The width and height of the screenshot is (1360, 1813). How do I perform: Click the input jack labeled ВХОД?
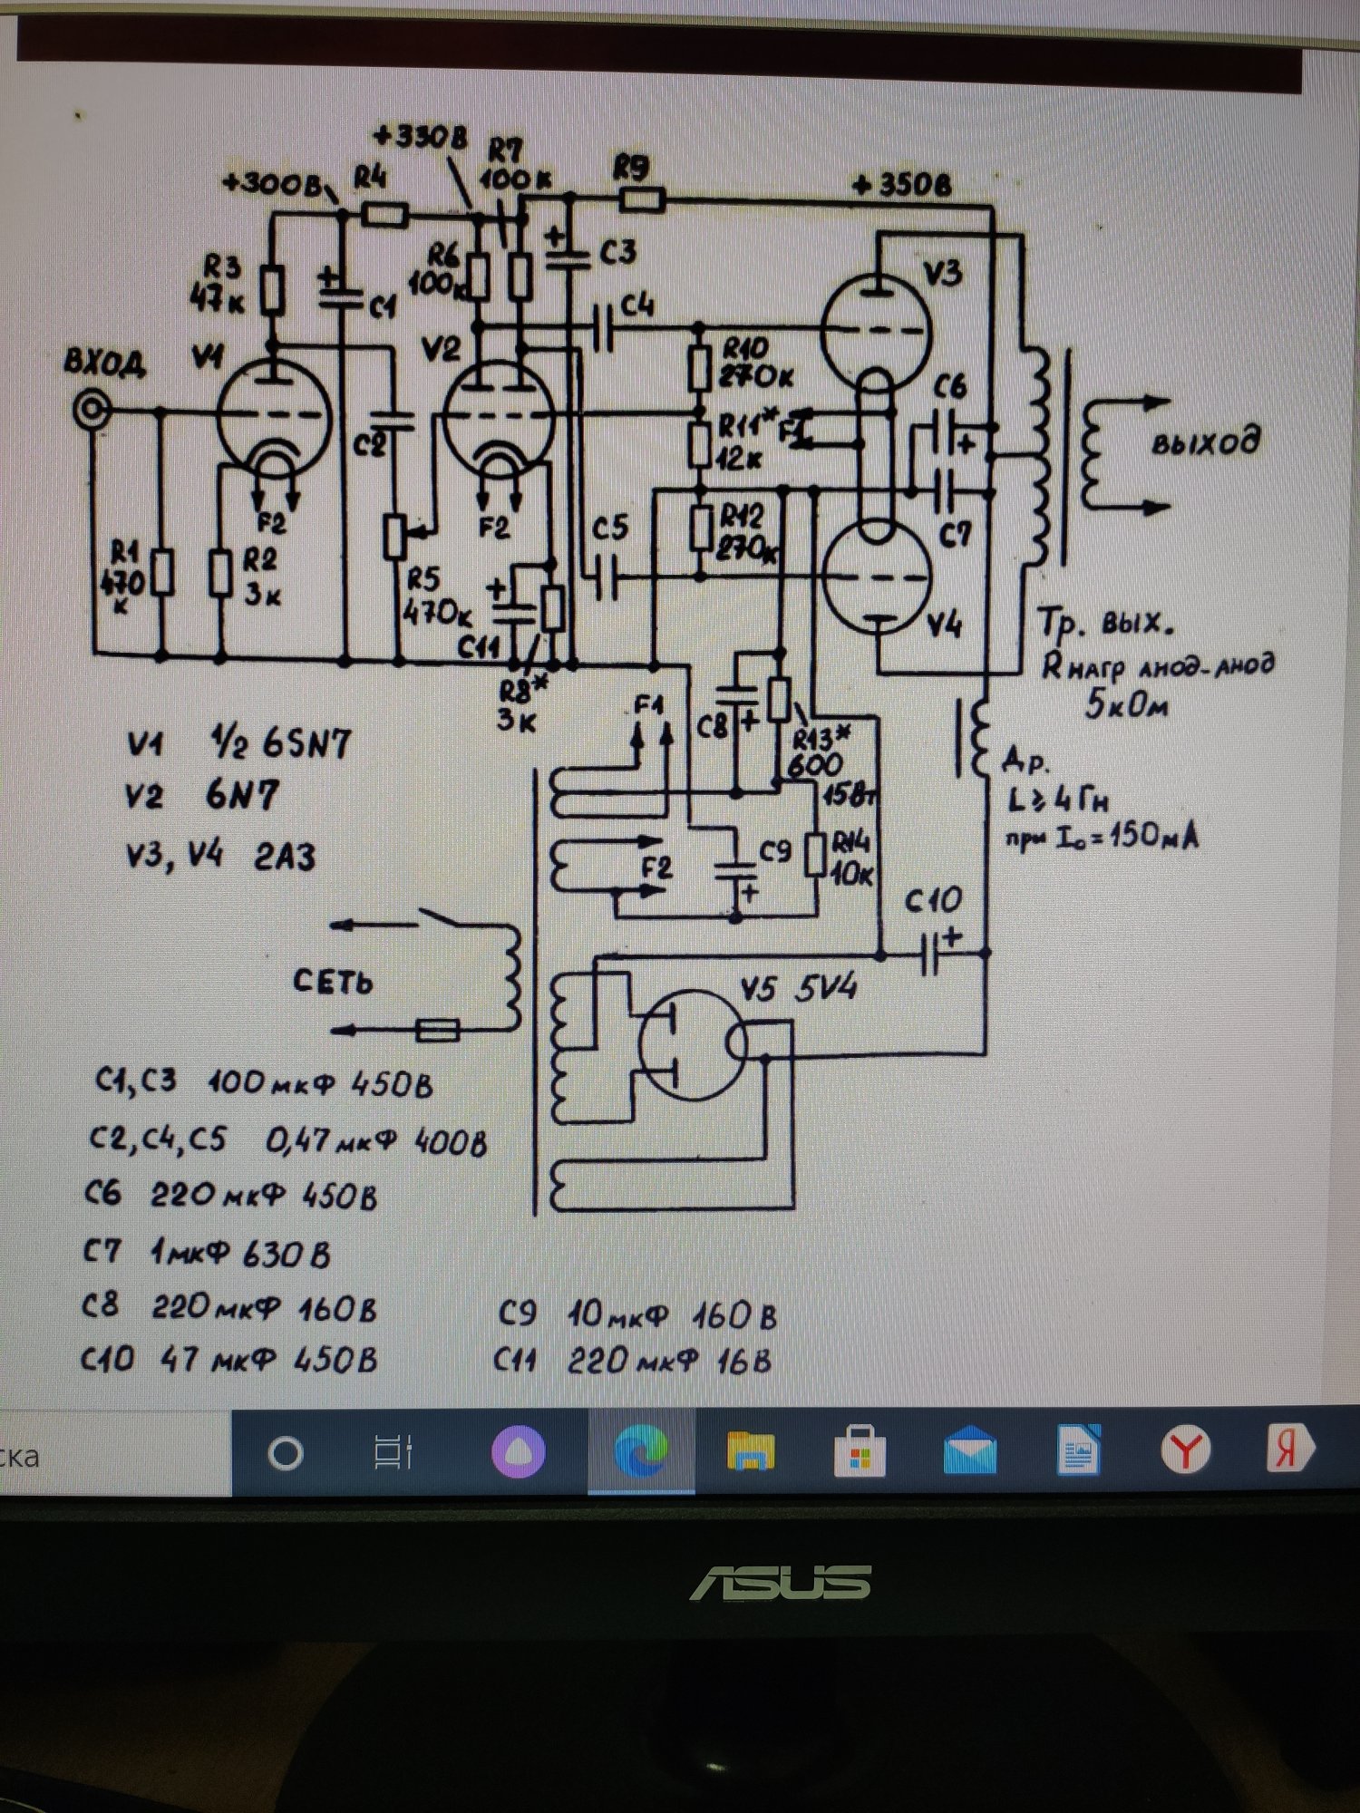(x=92, y=411)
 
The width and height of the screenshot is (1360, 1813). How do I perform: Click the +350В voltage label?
(x=903, y=186)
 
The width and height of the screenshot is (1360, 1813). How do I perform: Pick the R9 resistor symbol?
(x=642, y=198)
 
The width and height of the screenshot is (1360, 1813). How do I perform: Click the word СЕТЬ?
(x=333, y=982)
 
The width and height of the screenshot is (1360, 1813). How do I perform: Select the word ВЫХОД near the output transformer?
(x=1205, y=443)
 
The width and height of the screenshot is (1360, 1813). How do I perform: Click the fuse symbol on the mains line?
(x=437, y=1030)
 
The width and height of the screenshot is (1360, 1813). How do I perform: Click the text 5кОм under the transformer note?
(x=1126, y=703)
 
